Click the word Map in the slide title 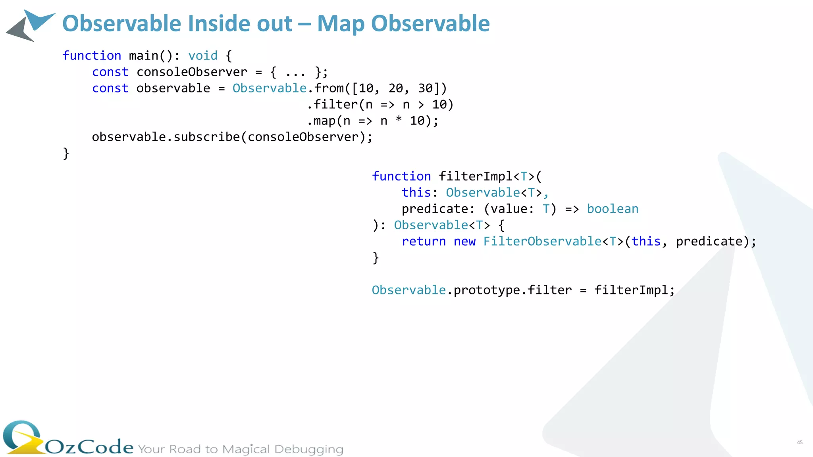coord(341,24)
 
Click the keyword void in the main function coord(203,56)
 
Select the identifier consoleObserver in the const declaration coord(192,72)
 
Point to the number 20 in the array coord(396,88)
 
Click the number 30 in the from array coord(426,88)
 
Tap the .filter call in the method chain coord(333,105)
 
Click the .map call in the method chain coord(322,121)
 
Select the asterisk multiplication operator coord(399,120)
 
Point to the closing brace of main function coord(66,154)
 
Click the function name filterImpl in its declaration coord(476,177)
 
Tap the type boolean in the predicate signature coord(613,209)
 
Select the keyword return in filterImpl coord(424,242)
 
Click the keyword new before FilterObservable coord(464,242)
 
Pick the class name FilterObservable coord(542,242)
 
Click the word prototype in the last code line coord(487,290)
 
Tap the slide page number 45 coord(800,442)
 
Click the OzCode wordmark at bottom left coord(89,447)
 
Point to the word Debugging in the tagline coord(308,449)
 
